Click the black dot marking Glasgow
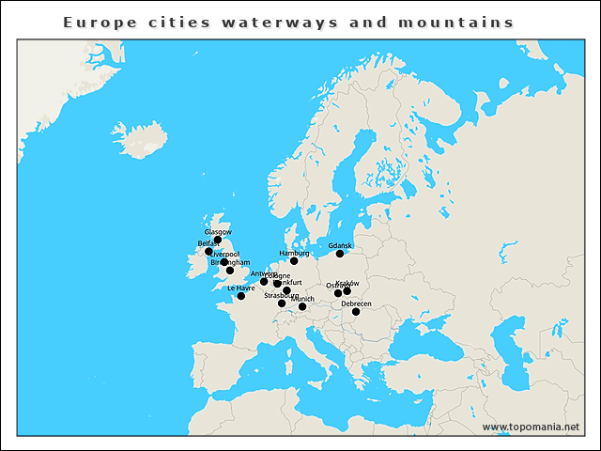coord(218,240)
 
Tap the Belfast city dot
coord(208,252)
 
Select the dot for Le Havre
coord(241,296)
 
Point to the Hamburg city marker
coord(294,260)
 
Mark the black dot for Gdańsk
coord(340,253)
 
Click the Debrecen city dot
coord(356,312)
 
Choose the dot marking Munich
coord(302,306)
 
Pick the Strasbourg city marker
coord(282,303)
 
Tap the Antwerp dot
coord(264,281)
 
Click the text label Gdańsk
coord(340,244)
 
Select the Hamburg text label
coord(294,253)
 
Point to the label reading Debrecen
coord(356,303)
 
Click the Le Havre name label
coord(240,288)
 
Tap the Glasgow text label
coord(218,231)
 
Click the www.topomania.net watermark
coord(532,428)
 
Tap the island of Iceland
coord(139,139)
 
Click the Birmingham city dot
coord(230,271)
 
